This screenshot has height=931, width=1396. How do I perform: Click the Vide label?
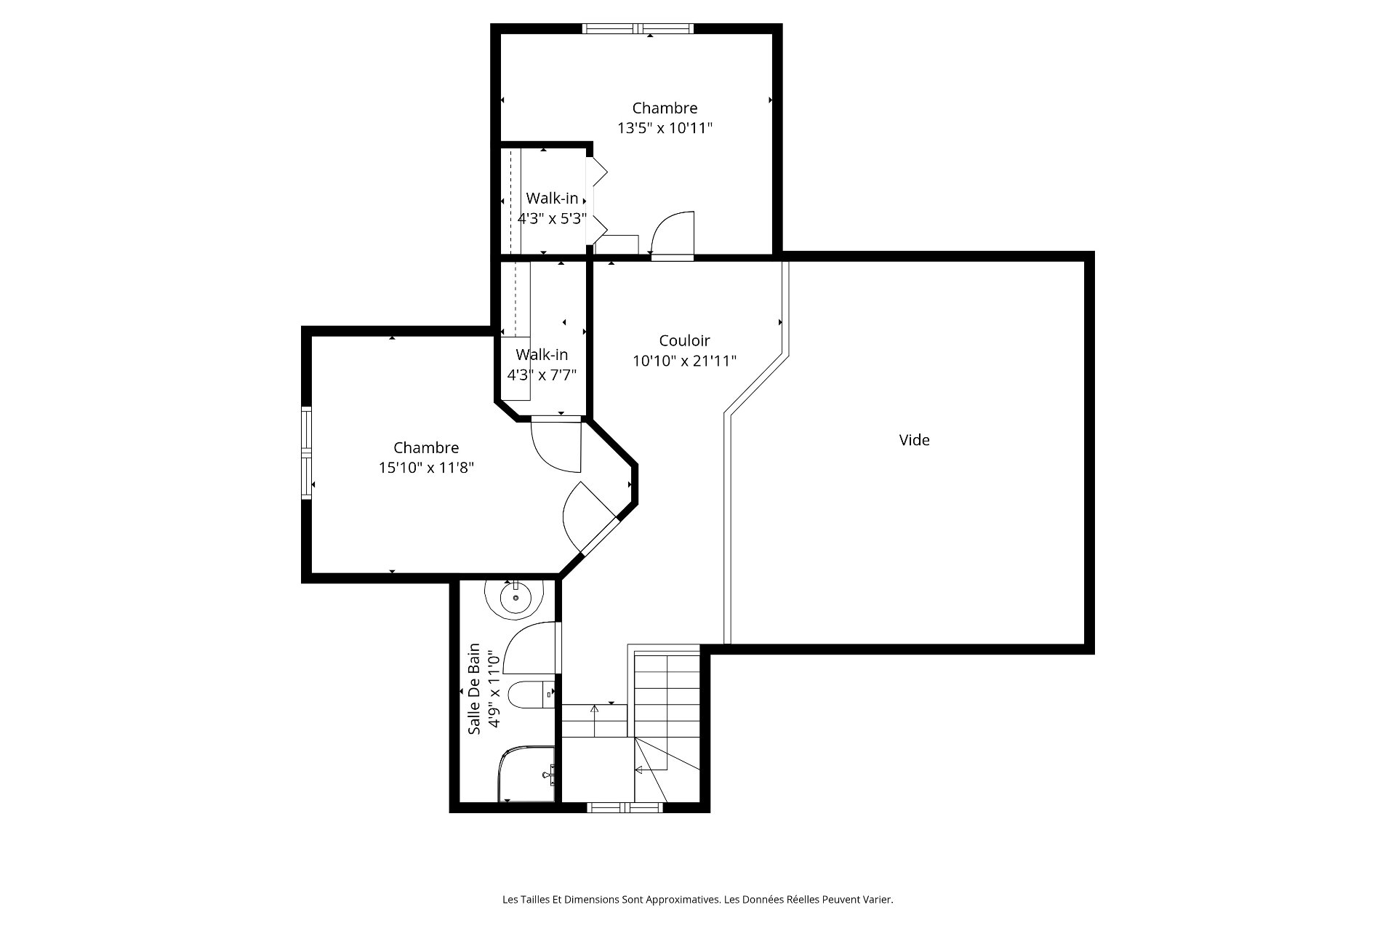(914, 440)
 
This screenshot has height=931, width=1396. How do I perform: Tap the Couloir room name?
(684, 340)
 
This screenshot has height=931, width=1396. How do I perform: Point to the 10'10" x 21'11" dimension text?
(684, 361)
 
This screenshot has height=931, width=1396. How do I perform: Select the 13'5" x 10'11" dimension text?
(665, 128)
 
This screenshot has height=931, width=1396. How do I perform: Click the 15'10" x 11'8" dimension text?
(426, 468)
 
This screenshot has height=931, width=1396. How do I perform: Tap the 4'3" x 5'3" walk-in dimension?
(552, 218)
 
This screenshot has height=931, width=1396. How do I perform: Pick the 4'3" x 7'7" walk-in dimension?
(542, 375)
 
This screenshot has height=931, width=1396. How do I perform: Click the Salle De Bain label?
(474, 689)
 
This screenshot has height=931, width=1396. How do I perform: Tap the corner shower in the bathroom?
(526, 773)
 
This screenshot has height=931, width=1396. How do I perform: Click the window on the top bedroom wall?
(638, 29)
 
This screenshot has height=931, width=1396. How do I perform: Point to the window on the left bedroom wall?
(307, 453)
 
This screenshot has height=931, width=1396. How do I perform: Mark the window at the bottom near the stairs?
(625, 807)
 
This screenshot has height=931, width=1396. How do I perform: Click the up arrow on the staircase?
(594, 721)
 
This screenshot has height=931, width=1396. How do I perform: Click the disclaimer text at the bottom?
(698, 900)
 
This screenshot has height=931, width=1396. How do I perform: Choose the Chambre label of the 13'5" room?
(665, 108)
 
